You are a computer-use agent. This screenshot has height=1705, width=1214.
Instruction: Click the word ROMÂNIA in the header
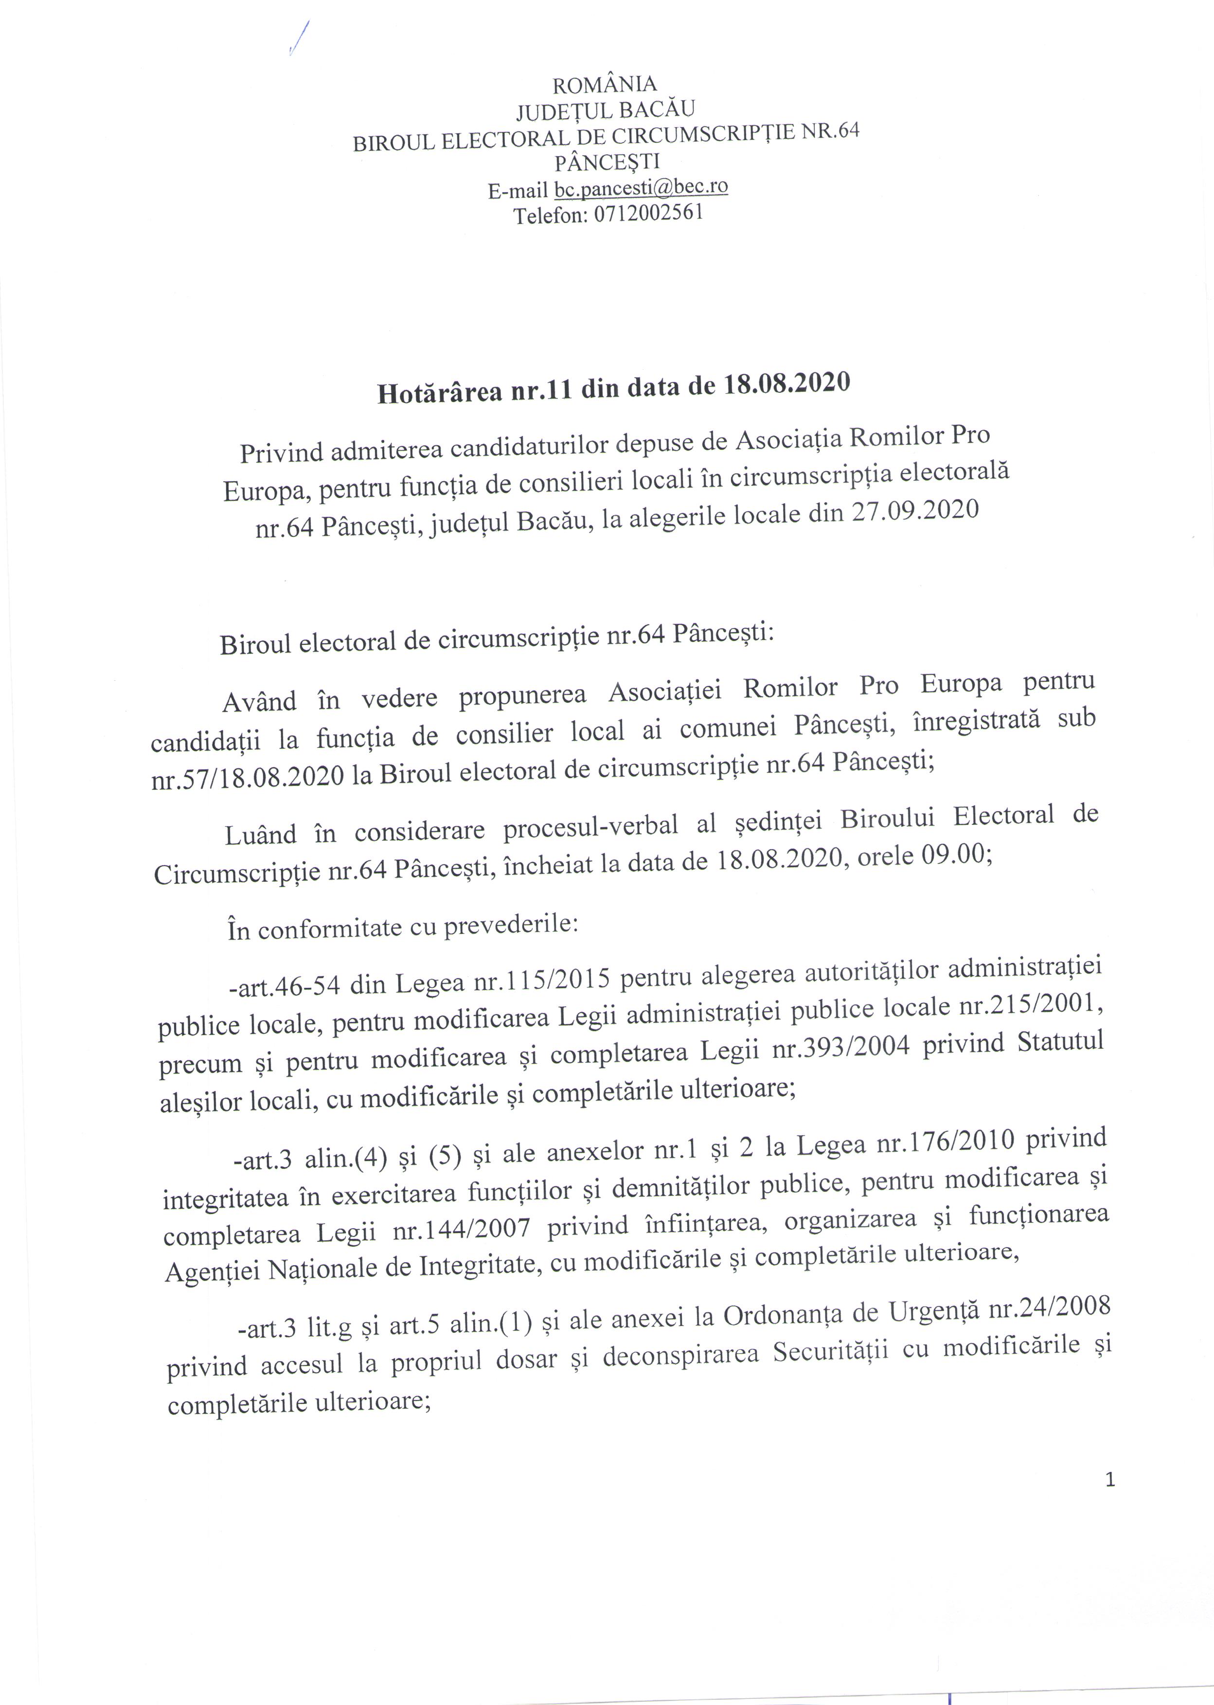point(605,83)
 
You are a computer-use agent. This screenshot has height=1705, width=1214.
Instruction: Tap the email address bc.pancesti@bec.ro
point(641,188)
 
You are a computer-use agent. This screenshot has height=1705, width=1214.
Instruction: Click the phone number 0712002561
point(648,214)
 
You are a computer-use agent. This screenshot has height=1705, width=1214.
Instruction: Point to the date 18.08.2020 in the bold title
point(786,384)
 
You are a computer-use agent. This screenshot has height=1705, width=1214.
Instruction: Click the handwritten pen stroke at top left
point(298,37)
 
